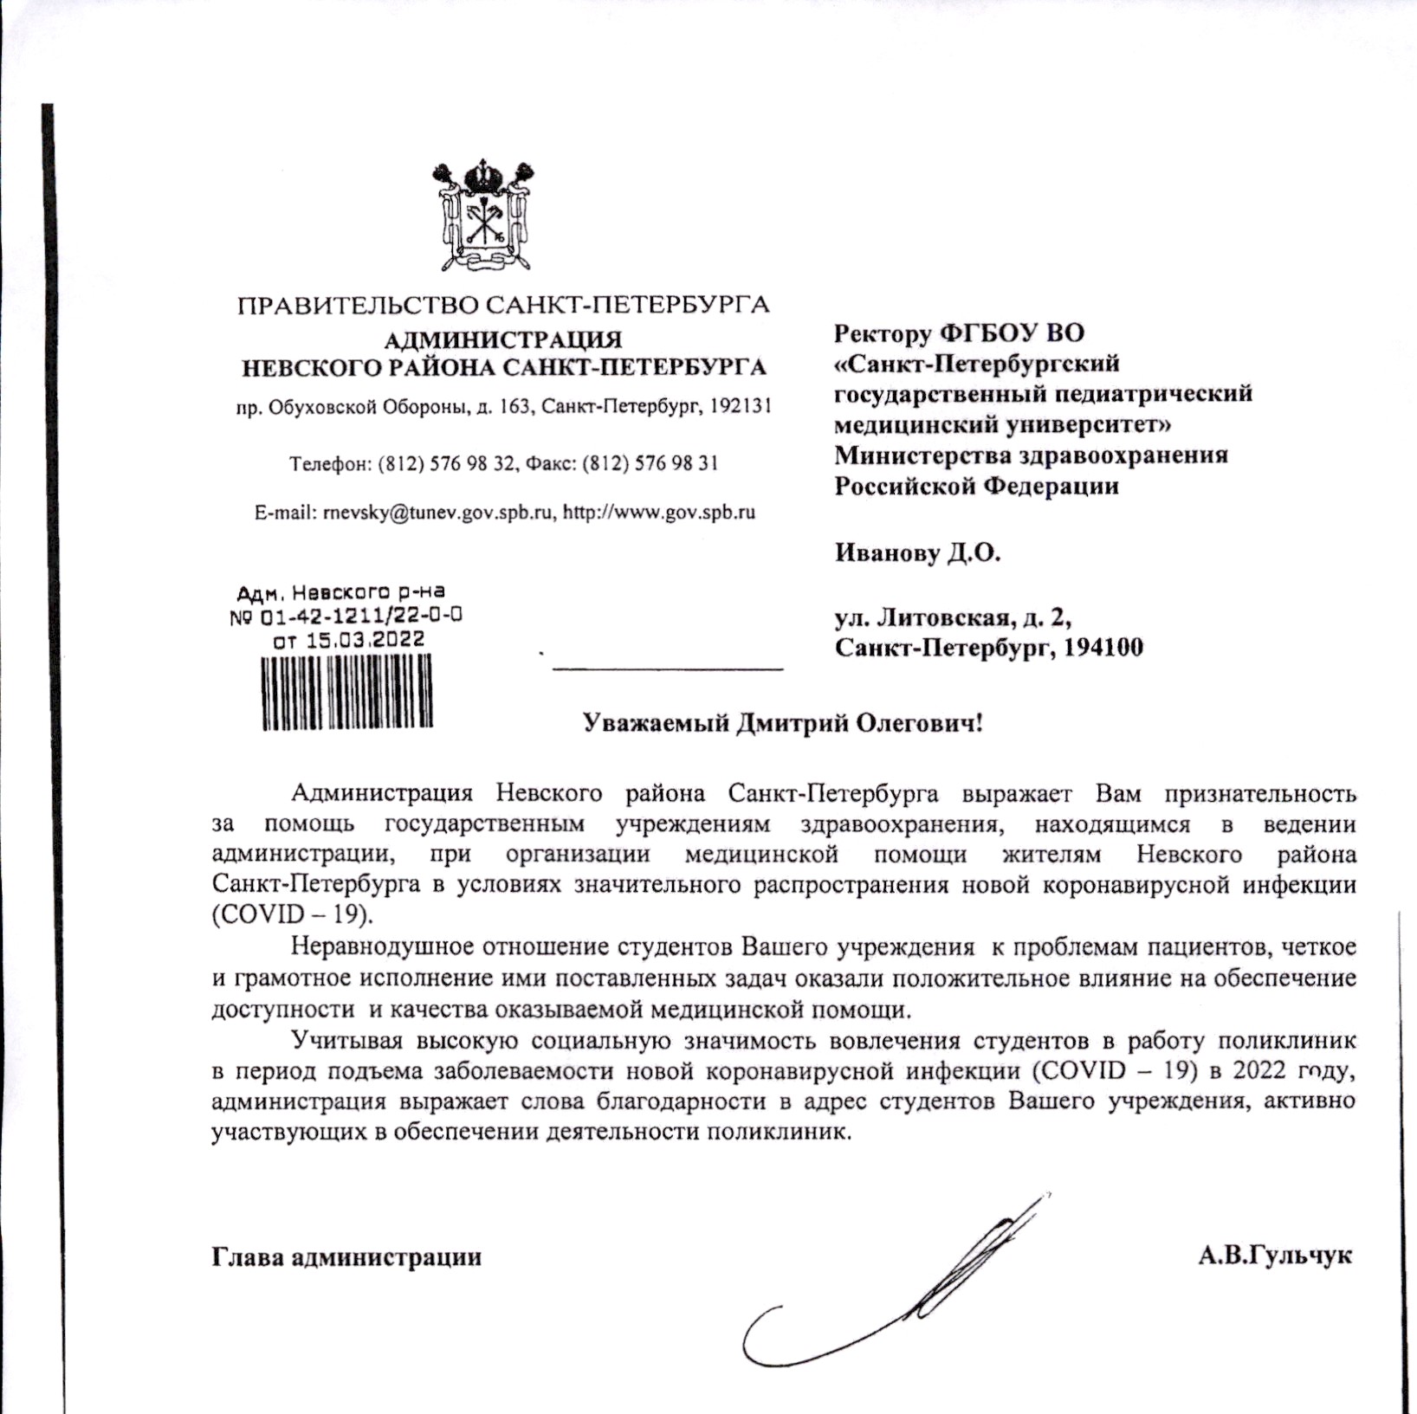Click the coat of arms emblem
coord(482,214)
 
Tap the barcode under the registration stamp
coord(346,692)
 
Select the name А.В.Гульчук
coord(1275,1256)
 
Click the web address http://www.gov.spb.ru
coord(659,513)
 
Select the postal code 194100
coord(1103,648)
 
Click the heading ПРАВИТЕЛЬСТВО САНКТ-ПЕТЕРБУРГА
coord(503,306)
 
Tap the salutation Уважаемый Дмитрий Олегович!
coord(783,723)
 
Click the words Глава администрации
coord(346,1256)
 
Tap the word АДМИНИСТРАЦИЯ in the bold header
coord(503,339)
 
